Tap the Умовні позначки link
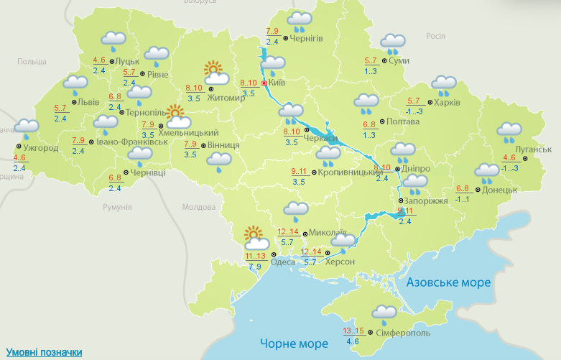coord(44,352)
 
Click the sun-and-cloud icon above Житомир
coord(215,73)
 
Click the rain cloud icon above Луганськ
coord(509,132)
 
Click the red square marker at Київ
coord(264,83)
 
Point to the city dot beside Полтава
coord(381,122)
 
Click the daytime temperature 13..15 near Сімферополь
coord(353,331)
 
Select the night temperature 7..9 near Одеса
coord(255,267)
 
